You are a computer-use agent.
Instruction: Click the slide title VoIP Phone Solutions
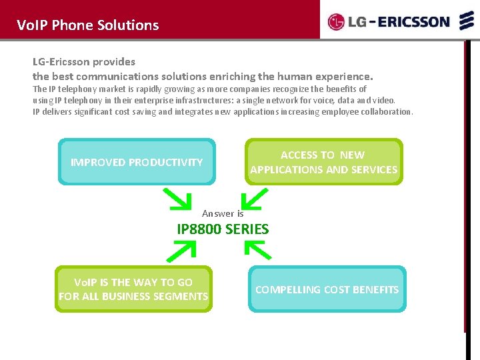[x=88, y=25]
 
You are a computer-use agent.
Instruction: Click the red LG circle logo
[x=336, y=23]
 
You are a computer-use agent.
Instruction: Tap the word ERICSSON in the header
[x=414, y=22]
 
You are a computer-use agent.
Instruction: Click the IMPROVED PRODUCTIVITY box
[x=137, y=162]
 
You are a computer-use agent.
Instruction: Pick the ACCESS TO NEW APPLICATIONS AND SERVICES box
[x=323, y=162]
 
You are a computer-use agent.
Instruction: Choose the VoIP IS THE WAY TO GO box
[x=133, y=289]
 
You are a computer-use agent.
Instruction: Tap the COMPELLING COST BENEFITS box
[x=327, y=289]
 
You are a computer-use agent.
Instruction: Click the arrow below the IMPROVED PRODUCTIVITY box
[x=177, y=198]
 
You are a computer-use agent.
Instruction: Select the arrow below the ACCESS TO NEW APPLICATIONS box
[x=255, y=199]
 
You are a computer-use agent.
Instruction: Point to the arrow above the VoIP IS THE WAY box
[x=181, y=250]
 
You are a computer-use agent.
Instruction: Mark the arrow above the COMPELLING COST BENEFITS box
[x=258, y=249]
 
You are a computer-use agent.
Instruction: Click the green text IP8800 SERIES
[x=223, y=229]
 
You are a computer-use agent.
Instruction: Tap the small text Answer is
[x=223, y=213]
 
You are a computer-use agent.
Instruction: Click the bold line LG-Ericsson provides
[x=84, y=61]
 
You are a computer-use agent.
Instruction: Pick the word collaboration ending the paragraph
[x=389, y=111]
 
